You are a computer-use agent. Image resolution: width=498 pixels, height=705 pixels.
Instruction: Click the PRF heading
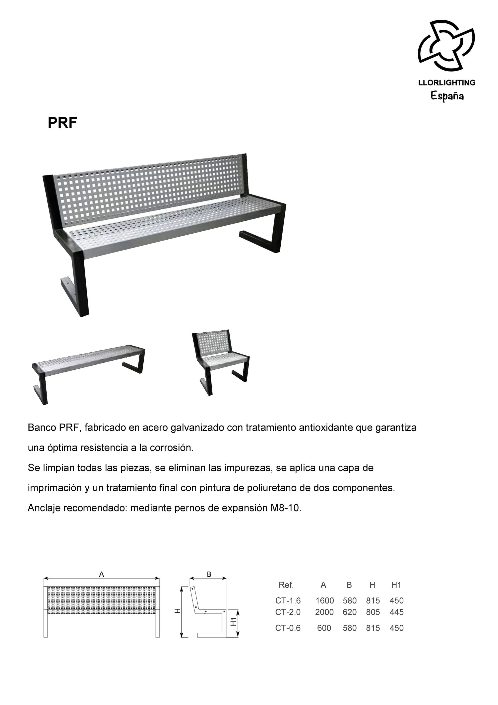pyautogui.click(x=62, y=123)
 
